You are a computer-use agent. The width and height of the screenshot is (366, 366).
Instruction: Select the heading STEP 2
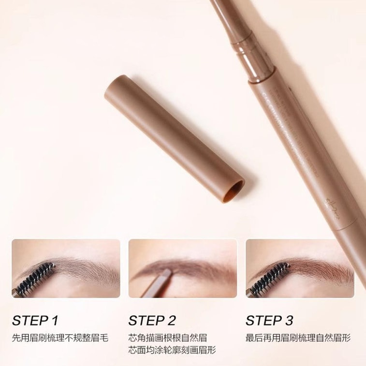pyautogui.click(x=152, y=320)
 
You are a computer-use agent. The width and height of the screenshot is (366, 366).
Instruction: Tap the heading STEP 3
pyautogui.click(x=269, y=320)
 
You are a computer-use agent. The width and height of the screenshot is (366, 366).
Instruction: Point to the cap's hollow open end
pyautogui.click(x=236, y=188)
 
